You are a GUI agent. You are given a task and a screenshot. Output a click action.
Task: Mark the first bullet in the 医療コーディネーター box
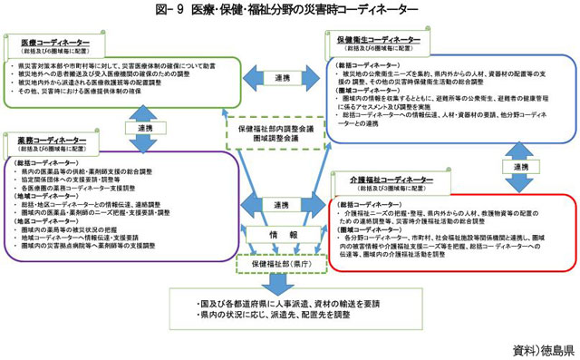tap(119, 66)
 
